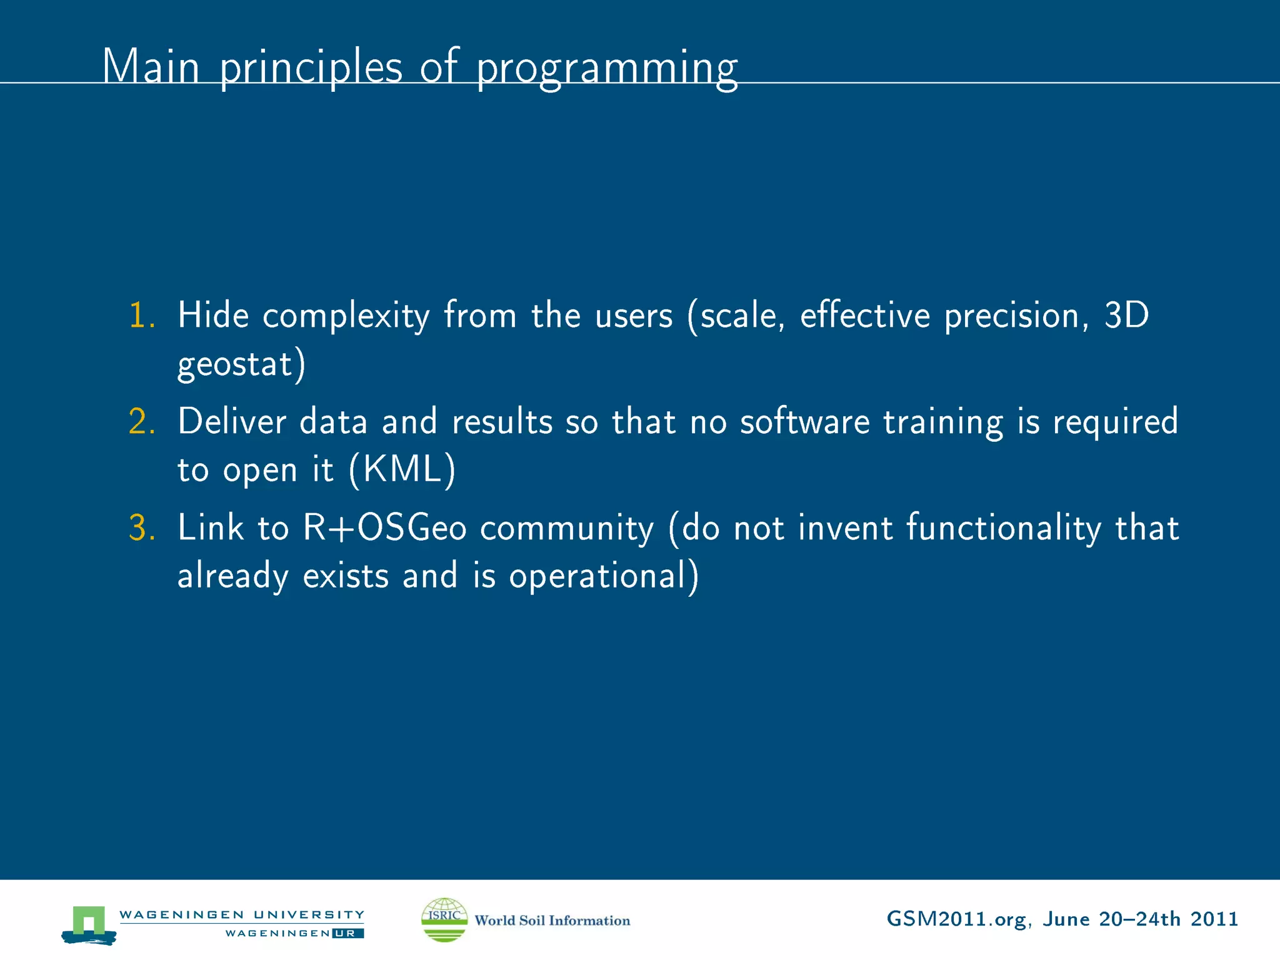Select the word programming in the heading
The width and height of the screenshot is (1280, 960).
[x=606, y=69]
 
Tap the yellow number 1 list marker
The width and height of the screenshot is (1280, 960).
[x=141, y=315]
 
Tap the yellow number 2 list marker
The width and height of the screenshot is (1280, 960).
[x=141, y=421]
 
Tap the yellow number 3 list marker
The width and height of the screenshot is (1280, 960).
[x=141, y=527]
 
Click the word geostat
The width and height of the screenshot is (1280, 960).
[x=235, y=365]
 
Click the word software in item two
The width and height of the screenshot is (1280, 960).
[x=804, y=421]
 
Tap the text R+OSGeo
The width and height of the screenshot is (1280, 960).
[x=384, y=527]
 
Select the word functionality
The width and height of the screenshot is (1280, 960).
[x=1003, y=529]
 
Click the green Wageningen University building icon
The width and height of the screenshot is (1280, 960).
[x=89, y=924]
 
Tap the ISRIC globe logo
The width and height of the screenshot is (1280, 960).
[x=444, y=919]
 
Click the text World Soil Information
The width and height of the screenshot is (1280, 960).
[x=552, y=921]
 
